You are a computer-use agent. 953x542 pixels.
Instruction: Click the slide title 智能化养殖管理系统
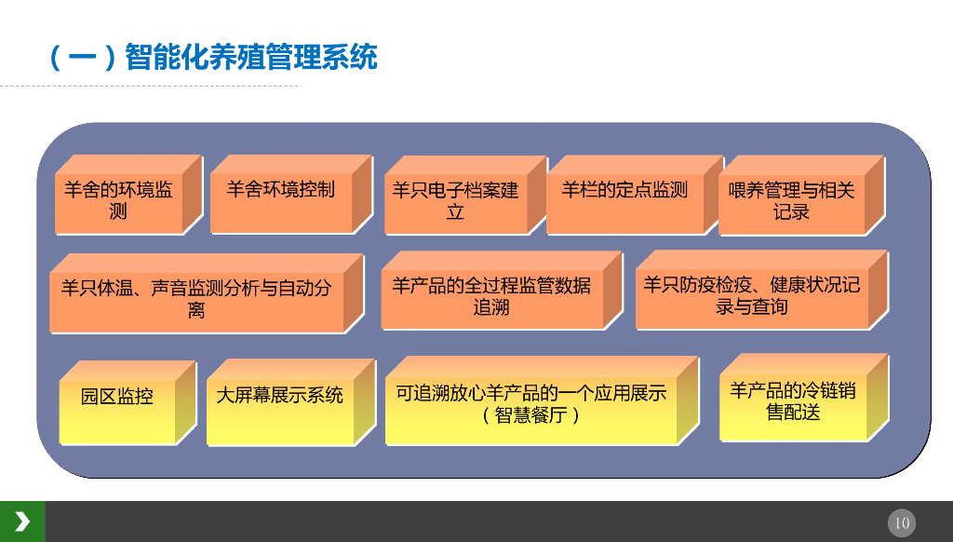click(x=250, y=58)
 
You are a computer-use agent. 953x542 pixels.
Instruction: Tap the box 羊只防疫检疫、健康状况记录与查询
click(x=751, y=295)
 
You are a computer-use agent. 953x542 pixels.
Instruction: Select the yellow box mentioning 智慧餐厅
click(x=531, y=403)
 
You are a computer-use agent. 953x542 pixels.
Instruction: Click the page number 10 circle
click(x=902, y=522)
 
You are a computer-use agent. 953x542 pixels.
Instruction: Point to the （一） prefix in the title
click(x=82, y=58)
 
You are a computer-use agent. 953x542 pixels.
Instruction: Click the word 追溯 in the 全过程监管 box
click(x=491, y=307)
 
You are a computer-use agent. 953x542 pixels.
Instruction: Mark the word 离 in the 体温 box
click(x=196, y=311)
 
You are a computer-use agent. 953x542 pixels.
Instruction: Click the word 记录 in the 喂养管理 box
click(x=791, y=212)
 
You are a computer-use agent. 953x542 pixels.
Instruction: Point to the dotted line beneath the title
click(x=149, y=87)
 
